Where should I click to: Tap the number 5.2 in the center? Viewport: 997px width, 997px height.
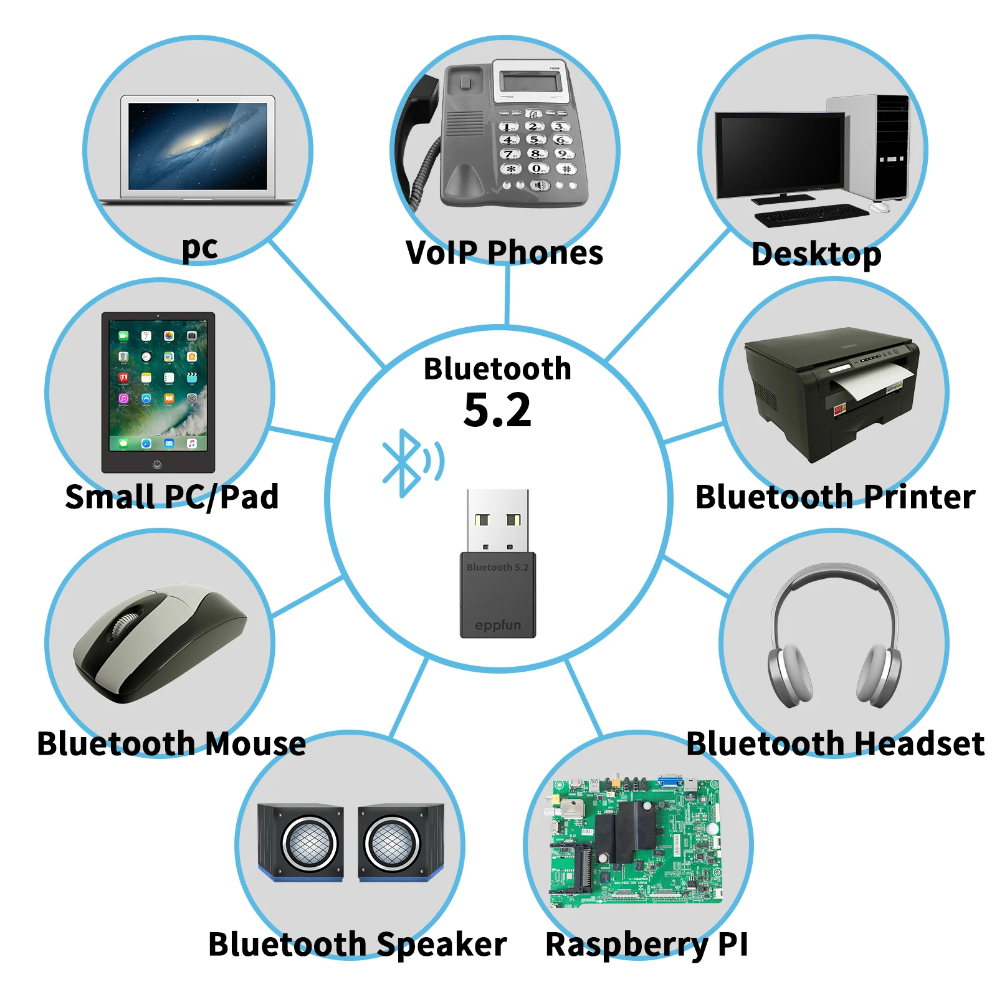tap(497, 411)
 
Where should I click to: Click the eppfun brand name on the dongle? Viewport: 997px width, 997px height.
tap(497, 625)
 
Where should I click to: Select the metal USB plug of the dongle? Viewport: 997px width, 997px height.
tap(498, 521)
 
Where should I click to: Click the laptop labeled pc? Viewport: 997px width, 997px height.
tap(198, 150)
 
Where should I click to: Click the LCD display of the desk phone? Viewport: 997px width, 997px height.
tap(530, 82)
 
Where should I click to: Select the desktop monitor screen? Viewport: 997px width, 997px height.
tap(780, 152)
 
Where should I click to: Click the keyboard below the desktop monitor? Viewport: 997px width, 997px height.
tap(811, 215)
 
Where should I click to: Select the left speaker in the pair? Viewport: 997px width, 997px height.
tap(300, 842)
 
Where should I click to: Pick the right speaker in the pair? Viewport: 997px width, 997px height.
tap(401, 842)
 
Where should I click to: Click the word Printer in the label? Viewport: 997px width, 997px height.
tap(919, 497)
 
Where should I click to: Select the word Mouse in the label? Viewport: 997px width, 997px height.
tap(255, 743)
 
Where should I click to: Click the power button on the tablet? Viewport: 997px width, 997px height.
tap(157, 464)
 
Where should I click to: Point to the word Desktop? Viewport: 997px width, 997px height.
tap(816, 255)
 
